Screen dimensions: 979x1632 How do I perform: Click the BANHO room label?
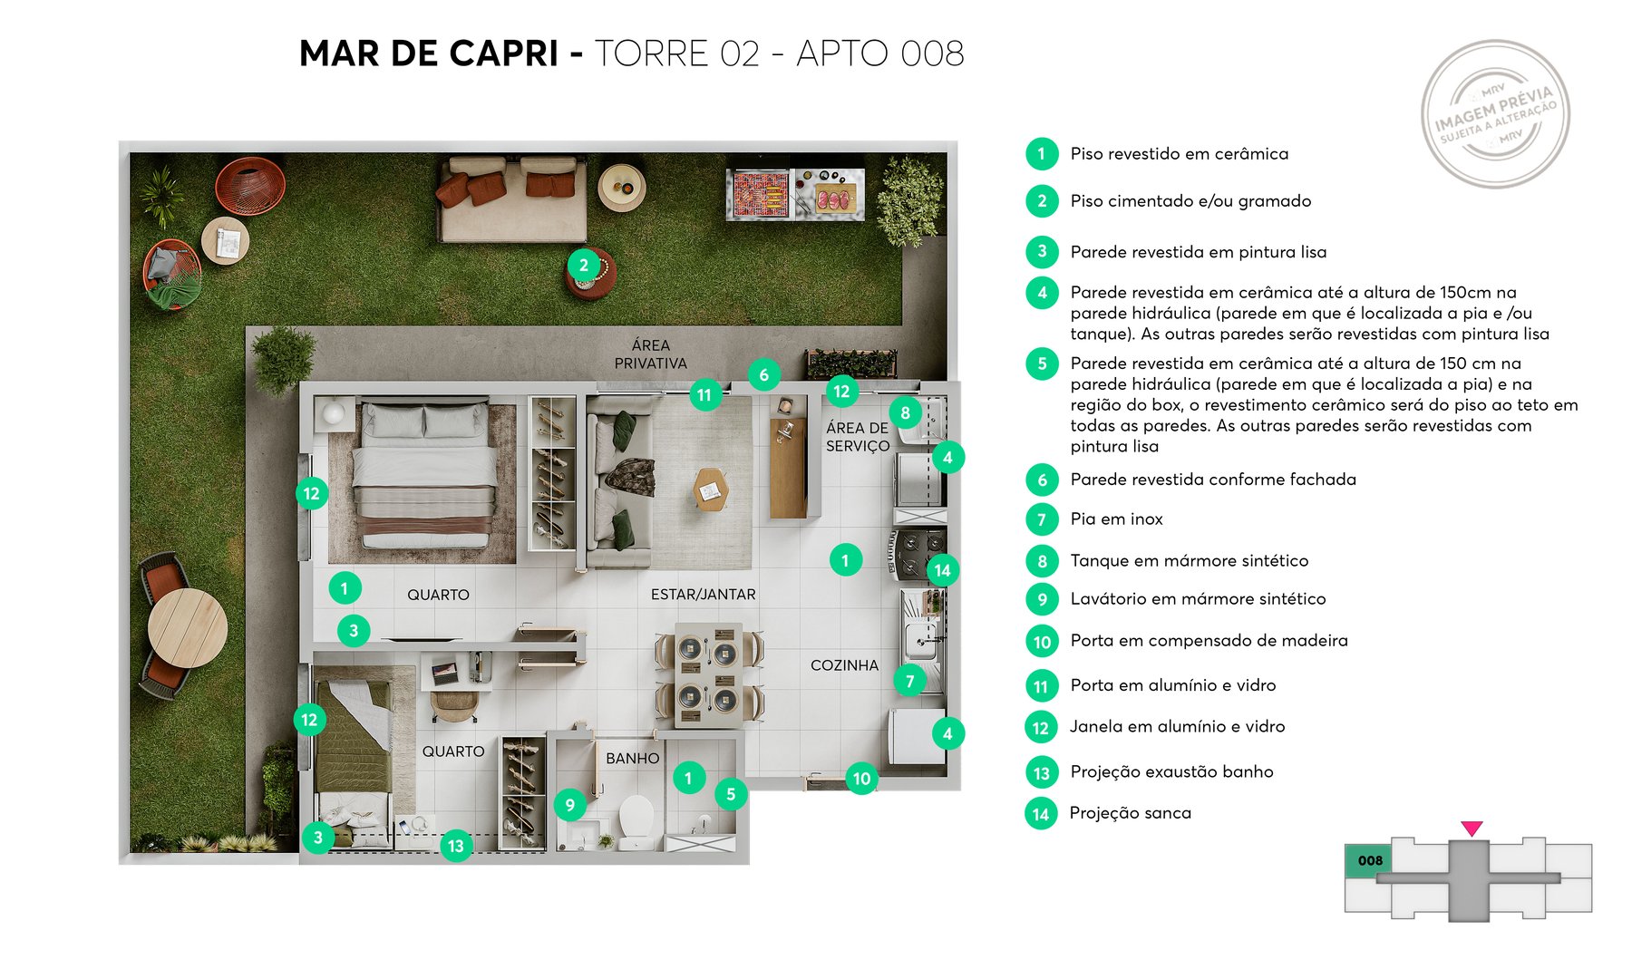click(x=632, y=758)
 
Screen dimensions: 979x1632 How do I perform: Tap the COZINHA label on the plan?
click(x=844, y=665)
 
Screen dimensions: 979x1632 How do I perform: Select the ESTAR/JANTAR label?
click(x=703, y=595)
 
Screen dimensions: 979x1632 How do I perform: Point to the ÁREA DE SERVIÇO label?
click(x=857, y=437)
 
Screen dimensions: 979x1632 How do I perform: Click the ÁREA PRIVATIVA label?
click(x=650, y=354)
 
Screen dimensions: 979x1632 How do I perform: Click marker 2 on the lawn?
click(x=584, y=266)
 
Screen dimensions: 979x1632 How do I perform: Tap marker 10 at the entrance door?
click(x=861, y=779)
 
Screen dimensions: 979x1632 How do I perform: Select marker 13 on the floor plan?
click(x=455, y=847)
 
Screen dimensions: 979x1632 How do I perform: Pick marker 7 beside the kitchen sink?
click(x=909, y=681)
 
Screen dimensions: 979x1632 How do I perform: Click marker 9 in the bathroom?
click(x=569, y=804)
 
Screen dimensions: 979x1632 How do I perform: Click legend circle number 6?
click(x=1042, y=480)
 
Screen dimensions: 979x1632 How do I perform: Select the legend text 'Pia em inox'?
click(x=1116, y=519)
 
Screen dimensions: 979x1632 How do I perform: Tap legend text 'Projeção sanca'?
click(x=1130, y=813)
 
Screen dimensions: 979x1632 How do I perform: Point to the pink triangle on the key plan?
click(x=1472, y=829)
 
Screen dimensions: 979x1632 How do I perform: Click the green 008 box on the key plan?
click(x=1370, y=861)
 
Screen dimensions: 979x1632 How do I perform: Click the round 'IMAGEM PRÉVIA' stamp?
click(x=1495, y=114)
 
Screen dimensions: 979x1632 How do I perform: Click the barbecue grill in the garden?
click(x=760, y=193)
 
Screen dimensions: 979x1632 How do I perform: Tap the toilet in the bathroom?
click(x=636, y=816)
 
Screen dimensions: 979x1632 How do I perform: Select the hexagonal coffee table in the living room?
click(x=710, y=489)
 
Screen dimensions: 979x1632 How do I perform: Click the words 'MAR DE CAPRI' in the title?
click(x=428, y=54)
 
